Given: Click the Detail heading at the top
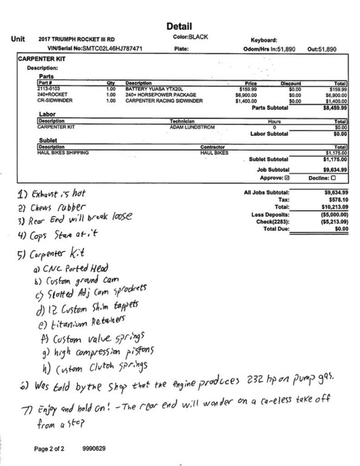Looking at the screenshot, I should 179,26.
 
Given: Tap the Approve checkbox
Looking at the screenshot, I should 286,177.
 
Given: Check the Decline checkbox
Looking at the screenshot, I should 335,177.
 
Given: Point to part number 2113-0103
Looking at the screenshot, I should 49,89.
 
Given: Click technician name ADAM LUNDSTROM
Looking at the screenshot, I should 189,127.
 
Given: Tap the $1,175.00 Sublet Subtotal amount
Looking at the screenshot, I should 335,159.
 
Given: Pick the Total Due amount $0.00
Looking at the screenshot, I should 340,228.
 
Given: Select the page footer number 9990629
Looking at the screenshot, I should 94,449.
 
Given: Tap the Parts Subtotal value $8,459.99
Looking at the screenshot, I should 335,108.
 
